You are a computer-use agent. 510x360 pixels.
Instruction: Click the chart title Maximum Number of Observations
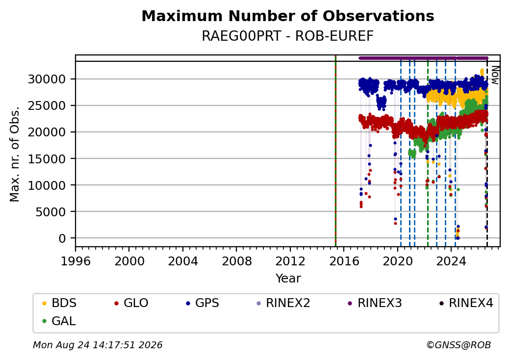(x=288, y=16)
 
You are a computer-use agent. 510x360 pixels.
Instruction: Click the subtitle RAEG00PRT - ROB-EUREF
(x=287, y=36)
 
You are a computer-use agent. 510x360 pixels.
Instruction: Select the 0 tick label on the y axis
(x=62, y=238)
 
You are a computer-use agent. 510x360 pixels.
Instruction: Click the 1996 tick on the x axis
(x=76, y=261)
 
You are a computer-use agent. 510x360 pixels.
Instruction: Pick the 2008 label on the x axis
(x=236, y=261)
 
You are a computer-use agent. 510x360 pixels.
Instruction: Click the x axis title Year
(x=288, y=279)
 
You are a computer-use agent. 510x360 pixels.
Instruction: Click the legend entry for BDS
(x=59, y=303)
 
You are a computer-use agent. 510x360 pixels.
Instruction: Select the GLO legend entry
(x=131, y=303)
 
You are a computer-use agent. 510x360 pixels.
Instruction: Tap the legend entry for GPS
(x=203, y=303)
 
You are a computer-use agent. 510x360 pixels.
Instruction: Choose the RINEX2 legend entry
(x=283, y=303)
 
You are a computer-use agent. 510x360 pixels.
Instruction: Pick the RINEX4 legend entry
(x=466, y=303)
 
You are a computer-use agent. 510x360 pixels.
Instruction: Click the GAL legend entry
(x=59, y=321)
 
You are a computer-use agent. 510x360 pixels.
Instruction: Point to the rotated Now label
(x=495, y=75)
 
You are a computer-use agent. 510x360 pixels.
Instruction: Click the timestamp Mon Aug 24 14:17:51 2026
(x=98, y=345)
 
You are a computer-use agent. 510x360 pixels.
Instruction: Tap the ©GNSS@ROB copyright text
(x=459, y=345)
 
